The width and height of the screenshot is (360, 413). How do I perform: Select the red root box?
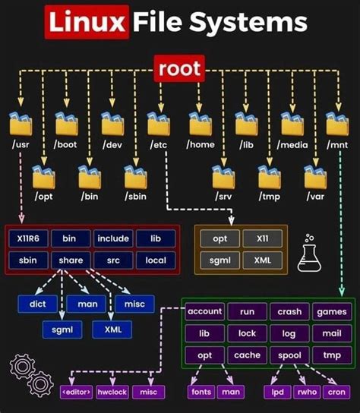179,70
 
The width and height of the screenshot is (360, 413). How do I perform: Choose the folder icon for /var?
315,177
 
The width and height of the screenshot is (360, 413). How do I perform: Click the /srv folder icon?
224,177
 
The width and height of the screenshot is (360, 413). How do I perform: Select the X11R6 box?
28,238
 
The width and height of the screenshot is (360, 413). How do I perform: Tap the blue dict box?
36,304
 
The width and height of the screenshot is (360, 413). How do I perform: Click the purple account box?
204,312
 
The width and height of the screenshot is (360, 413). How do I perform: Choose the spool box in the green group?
290,355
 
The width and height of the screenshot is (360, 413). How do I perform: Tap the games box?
332,312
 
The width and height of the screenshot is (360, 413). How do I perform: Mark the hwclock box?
113,392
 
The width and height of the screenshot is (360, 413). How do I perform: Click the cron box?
334,392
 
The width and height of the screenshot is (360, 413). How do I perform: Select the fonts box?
201,392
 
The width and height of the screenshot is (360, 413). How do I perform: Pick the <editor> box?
76,392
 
